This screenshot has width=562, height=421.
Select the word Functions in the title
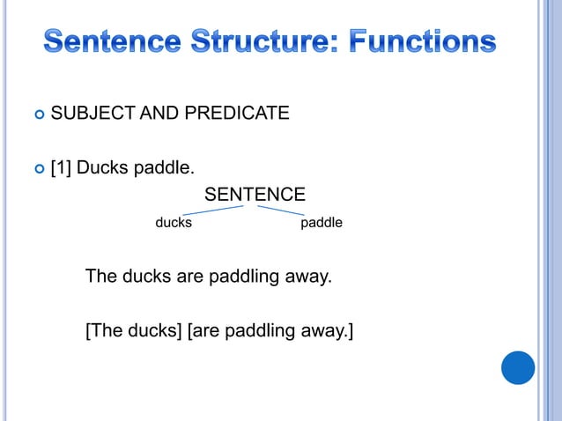pyautogui.click(x=424, y=41)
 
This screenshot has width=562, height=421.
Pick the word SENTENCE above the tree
pyautogui.click(x=255, y=194)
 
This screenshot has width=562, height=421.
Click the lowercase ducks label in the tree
pyautogui.click(x=174, y=224)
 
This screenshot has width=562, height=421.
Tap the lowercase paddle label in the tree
pyautogui.click(x=322, y=224)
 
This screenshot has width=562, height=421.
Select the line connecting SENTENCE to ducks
pyautogui.click(x=212, y=210)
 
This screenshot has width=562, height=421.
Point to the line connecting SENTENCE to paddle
pyautogui.click(x=281, y=210)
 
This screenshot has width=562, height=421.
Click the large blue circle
pyautogui.click(x=518, y=367)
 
